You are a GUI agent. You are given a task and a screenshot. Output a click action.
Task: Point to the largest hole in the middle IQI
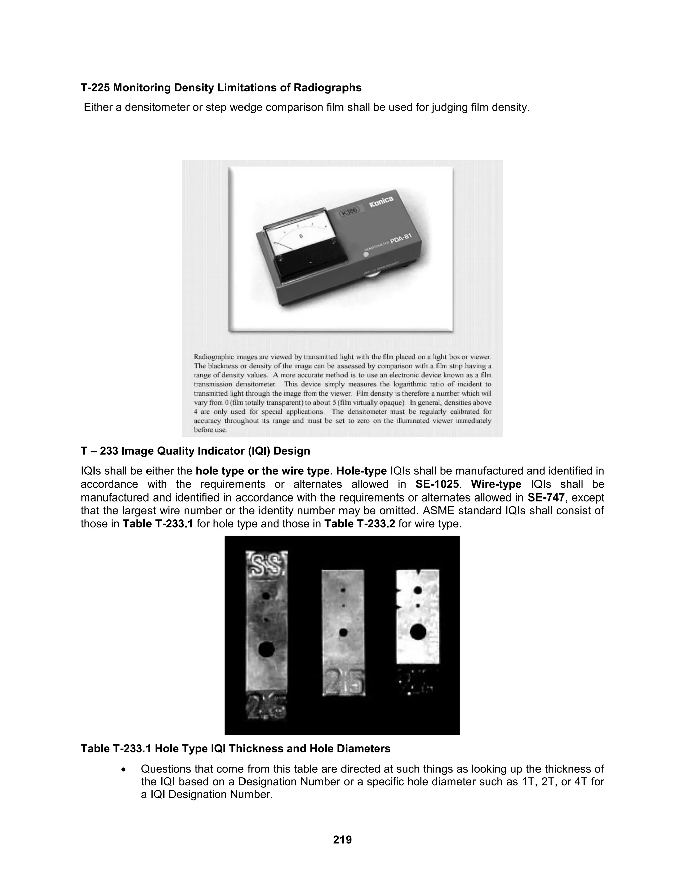tap(343, 632)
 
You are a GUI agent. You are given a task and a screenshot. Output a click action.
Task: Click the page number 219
tap(342, 839)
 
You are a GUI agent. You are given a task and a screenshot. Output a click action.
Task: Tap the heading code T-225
tap(95, 88)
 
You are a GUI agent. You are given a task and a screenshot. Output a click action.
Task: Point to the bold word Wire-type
tap(496, 484)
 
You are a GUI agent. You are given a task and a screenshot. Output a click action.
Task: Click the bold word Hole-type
tap(361, 471)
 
